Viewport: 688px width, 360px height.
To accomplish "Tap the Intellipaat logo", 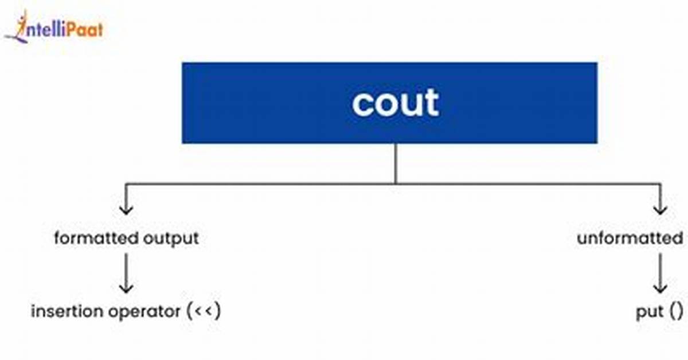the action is click(54, 28).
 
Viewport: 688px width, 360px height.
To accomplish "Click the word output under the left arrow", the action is click(171, 239).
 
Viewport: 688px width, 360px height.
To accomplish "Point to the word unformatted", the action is click(630, 238).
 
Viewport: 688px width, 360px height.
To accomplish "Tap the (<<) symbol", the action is click(204, 311).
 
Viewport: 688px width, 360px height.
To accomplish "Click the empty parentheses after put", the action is click(677, 311).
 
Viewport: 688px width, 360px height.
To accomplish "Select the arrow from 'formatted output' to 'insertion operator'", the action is click(126, 273).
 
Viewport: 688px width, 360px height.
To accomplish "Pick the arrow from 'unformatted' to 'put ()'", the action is click(660, 273).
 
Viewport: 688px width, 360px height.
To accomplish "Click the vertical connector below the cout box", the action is click(396, 163).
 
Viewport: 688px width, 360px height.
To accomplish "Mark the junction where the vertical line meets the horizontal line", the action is click(396, 183).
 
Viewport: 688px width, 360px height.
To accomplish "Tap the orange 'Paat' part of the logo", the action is click(84, 30).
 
